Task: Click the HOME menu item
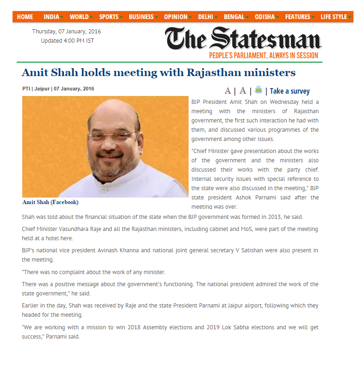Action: pyautogui.click(x=25, y=17)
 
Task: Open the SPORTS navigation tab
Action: pyautogui.click(x=109, y=17)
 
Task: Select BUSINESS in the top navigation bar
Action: pyautogui.click(x=141, y=17)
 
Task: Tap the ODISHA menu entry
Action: pyautogui.click(x=265, y=17)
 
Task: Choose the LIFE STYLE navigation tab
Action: pyautogui.click(x=334, y=17)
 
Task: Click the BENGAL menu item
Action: pyautogui.click(x=234, y=17)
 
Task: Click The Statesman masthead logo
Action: pyautogui.click(x=243, y=38)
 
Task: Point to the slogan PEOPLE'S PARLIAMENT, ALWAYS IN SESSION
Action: pyautogui.click(x=264, y=56)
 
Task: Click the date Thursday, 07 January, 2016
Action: pyautogui.click(x=66, y=32)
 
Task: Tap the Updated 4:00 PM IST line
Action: pyautogui.click(x=67, y=40)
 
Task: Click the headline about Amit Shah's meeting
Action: pyautogui.click(x=158, y=73)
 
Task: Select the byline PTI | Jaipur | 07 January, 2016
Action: pyautogui.click(x=58, y=89)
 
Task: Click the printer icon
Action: pyautogui.click(x=258, y=90)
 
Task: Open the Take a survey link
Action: pyautogui.click(x=290, y=91)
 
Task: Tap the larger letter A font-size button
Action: pyautogui.click(x=242, y=91)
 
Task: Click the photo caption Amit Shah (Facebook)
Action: pyautogui.click(x=51, y=202)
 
